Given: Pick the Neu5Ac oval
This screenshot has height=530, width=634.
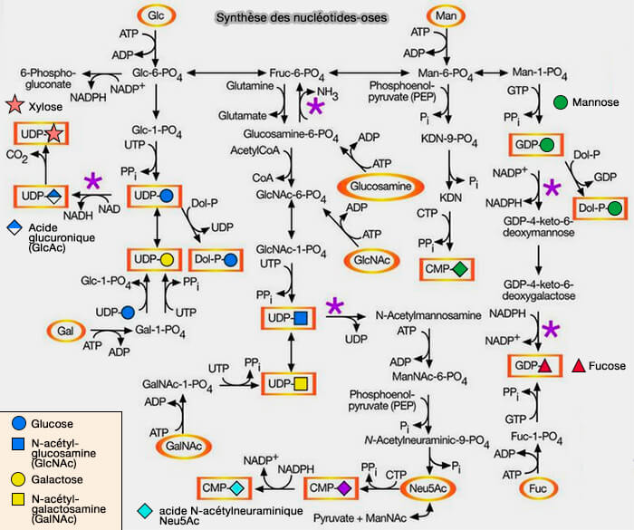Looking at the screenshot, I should coord(427,487).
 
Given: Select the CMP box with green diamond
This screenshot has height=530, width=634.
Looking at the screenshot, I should coord(448,269).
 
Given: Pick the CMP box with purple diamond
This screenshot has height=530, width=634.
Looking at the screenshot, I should coord(331,488).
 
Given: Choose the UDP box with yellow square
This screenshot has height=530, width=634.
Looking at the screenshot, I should coord(289,385).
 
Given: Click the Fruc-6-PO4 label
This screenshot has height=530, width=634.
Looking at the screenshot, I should coord(296,72).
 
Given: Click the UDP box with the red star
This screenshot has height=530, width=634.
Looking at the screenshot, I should coord(41,134).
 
